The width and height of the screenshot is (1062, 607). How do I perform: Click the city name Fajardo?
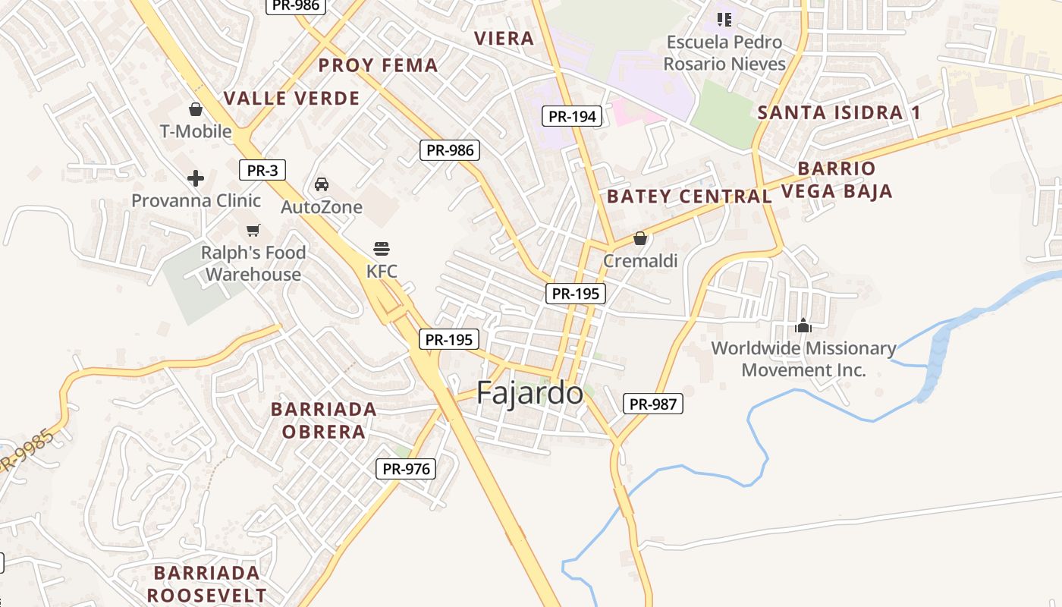pos(529,393)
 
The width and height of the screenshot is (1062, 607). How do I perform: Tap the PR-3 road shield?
pos(262,170)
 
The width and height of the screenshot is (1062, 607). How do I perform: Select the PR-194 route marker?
pos(573,116)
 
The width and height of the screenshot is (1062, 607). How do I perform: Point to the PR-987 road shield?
pos(653,404)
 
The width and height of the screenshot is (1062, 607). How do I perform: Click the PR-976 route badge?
pos(407,469)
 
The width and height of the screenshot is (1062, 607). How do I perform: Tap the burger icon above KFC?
pos(382,249)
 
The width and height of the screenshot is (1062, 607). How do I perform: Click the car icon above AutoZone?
pos(322,184)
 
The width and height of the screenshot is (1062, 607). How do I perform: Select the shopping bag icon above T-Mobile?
pos(196,109)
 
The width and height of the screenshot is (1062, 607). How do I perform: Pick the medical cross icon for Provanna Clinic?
pos(196,178)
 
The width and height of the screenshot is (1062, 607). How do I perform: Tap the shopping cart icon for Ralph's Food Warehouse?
pos(253,230)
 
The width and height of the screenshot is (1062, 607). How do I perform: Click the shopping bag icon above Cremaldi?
pos(640,238)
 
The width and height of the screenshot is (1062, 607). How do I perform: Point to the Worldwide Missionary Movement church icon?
pos(803,326)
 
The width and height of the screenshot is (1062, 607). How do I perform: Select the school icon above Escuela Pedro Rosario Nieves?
pos(724,19)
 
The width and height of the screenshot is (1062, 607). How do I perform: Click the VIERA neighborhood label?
pos(504,39)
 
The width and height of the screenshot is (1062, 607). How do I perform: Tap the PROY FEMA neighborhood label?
pos(378,65)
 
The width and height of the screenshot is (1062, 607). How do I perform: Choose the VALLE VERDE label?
pos(291,98)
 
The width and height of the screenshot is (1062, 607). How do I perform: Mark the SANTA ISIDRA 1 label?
pos(839,113)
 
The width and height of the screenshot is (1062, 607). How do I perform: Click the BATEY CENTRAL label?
pos(689,197)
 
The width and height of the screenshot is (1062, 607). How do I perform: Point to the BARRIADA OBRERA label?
pos(324,420)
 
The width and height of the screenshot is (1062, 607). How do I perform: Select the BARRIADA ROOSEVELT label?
pos(206,583)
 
